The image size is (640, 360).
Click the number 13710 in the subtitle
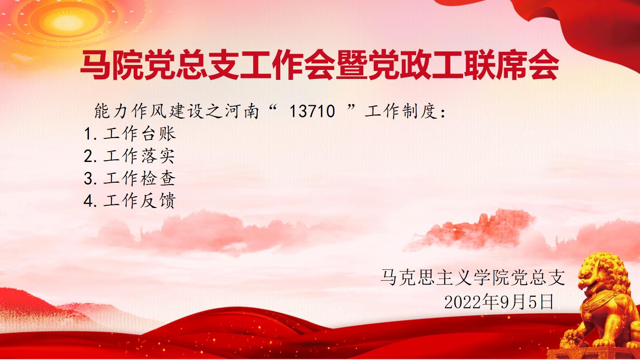coord(312,111)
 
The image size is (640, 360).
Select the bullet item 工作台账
coord(140,134)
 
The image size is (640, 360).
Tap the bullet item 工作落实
coord(139,156)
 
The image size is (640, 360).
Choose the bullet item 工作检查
coord(139,179)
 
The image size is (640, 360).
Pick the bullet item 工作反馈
coord(139,201)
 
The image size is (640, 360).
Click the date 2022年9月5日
coord(499,302)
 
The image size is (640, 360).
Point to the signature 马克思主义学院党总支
coord(473,277)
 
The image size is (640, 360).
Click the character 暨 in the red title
coord(352,65)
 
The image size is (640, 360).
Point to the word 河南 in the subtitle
coord(242,111)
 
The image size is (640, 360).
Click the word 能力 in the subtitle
coord(111,111)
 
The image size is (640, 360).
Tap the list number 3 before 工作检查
coord(89,179)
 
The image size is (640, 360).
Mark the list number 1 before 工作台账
coord(88,134)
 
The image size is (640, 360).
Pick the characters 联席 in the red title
coord(496,65)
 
